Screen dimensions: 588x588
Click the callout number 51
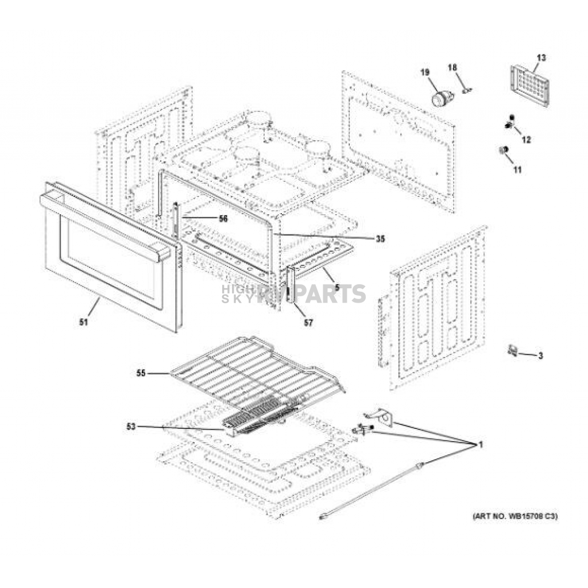pyautogui.click(x=84, y=322)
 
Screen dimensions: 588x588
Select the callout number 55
pyautogui.click(x=141, y=373)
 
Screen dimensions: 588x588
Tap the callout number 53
pyautogui.click(x=131, y=426)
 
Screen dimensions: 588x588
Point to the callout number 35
pyautogui.click(x=380, y=239)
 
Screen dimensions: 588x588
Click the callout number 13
pyautogui.click(x=541, y=58)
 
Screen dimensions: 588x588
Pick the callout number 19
pyautogui.click(x=425, y=72)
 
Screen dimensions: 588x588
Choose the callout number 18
pyautogui.click(x=452, y=68)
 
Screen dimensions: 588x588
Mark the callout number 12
pyautogui.click(x=527, y=140)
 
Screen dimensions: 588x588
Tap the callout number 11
pyautogui.click(x=517, y=170)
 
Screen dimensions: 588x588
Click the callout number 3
pyautogui.click(x=540, y=356)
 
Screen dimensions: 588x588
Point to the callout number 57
pyautogui.click(x=308, y=323)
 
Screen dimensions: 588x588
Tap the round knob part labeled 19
pyautogui.click(x=440, y=99)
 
